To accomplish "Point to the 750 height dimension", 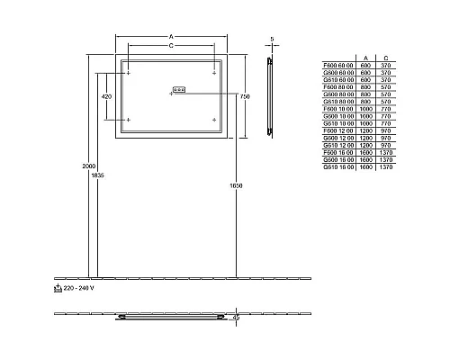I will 242,96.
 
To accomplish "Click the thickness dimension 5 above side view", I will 271,39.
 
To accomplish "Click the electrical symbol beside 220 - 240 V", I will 58,290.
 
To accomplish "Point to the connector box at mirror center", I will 177,89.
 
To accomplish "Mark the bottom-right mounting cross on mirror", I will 214,119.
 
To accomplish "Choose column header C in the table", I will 386,57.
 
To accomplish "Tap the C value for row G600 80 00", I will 386,94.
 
